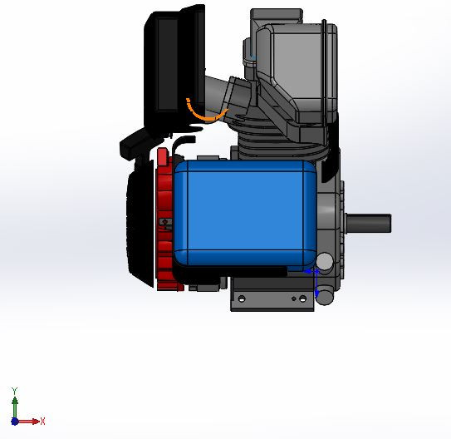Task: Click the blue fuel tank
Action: (x=245, y=212)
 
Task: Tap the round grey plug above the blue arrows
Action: (x=325, y=262)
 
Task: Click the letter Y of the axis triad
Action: (x=14, y=391)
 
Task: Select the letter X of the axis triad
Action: (x=42, y=421)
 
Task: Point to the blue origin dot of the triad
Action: (x=15, y=422)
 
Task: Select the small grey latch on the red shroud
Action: (x=167, y=222)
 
